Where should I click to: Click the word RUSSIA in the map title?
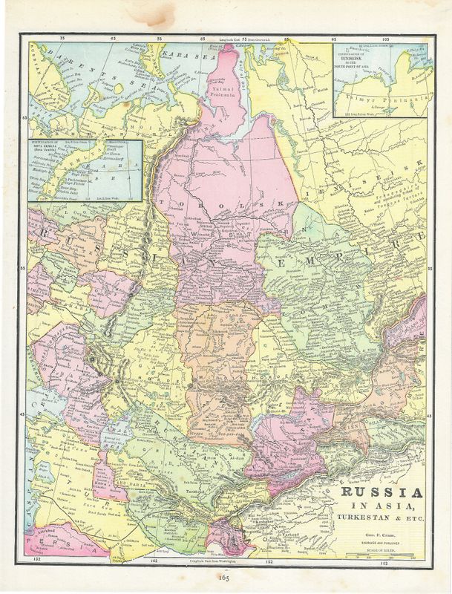383,494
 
